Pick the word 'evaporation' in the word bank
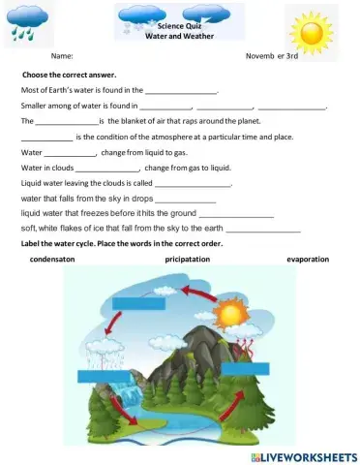tap(308, 260)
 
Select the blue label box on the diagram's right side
tap(243, 367)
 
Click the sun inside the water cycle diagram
tap(231, 315)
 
